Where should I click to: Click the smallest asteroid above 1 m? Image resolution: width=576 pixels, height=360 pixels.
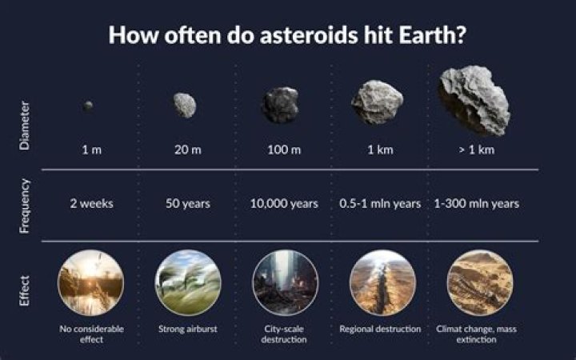click(x=88, y=106)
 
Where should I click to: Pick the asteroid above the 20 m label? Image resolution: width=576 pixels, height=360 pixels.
click(x=185, y=105)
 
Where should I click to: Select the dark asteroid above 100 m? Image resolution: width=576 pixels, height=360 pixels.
click(x=281, y=105)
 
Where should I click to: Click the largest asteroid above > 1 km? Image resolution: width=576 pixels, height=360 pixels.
click(x=474, y=99)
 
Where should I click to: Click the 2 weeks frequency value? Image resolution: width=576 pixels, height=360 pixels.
click(x=90, y=204)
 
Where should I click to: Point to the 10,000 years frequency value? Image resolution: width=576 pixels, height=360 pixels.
click(x=284, y=204)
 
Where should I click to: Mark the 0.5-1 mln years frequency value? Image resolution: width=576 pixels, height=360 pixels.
click(x=381, y=204)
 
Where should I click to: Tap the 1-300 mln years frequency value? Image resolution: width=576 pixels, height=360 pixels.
click(x=477, y=204)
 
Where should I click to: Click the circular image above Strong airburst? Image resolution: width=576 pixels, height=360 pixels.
click(x=187, y=283)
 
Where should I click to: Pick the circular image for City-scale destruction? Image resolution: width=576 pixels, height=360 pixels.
click(x=285, y=283)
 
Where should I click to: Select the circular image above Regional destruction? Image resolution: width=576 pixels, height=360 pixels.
click(x=382, y=283)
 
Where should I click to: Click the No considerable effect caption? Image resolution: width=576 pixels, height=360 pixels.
click(x=90, y=334)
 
